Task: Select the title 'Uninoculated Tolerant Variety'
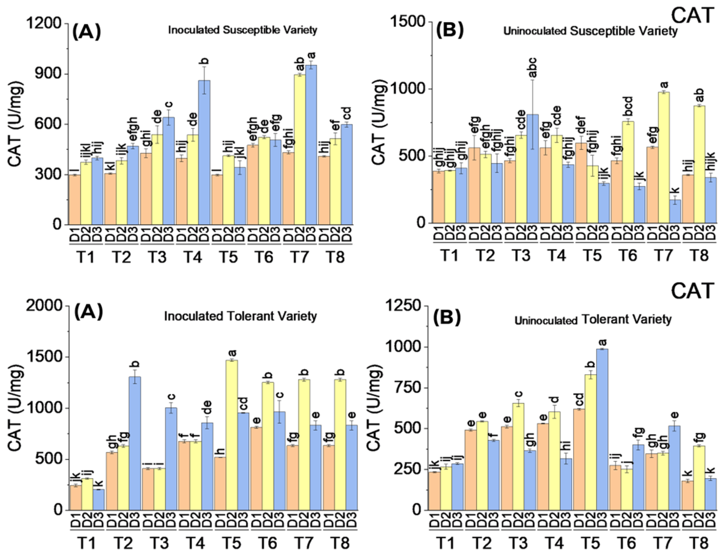593,320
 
